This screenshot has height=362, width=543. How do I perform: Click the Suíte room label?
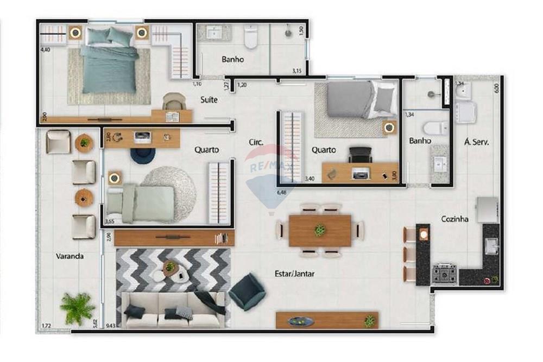coord(209,100)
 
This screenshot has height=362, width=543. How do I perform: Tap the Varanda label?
coord(70,256)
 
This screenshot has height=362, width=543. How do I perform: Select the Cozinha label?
coord(454,219)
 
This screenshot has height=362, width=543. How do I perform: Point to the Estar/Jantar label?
coord(294,274)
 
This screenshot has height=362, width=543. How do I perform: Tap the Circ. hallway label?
coord(256,142)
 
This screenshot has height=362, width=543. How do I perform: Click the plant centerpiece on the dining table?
coord(320,230)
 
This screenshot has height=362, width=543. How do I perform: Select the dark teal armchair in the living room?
coord(247,291)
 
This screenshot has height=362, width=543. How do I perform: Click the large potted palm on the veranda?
coord(77,308)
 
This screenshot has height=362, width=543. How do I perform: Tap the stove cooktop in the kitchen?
coord(444,273)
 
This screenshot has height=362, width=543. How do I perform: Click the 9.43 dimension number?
coord(110,326)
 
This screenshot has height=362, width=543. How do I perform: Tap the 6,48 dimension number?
coord(281,192)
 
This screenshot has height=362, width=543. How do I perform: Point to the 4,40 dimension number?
coord(45,50)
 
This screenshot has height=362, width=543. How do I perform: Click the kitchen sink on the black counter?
coord(492,246)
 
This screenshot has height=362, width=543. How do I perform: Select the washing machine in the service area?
coord(465,112)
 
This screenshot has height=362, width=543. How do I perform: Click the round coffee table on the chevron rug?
coord(171,268)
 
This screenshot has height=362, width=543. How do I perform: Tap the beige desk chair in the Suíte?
coord(173,101)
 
